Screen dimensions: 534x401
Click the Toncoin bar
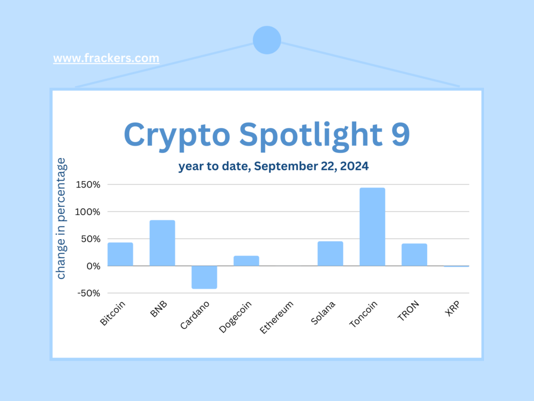(x=372, y=227)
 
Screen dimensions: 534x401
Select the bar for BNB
(x=162, y=243)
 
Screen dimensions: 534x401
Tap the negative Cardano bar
(x=204, y=277)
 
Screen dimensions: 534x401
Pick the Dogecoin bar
(x=246, y=261)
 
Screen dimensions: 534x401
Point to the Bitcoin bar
(x=120, y=254)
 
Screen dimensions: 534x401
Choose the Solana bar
(x=330, y=254)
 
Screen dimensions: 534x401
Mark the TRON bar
(x=414, y=255)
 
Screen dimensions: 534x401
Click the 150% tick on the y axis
(x=88, y=185)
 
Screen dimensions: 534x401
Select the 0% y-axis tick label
(x=93, y=266)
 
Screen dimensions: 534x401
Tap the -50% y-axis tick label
(x=89, y=293)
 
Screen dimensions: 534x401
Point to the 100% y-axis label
(x=88, y=212)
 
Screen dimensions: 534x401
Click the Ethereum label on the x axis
(x=276, y=317)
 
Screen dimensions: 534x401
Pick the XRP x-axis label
(x=453, y=309)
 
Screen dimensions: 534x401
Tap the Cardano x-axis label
(x=195, y=315)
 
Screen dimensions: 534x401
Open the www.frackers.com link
(x=106, y=58)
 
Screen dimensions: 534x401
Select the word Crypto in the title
(x=177, y=136)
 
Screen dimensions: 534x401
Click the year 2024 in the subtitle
(x=354, y=166)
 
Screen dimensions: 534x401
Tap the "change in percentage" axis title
(x=60, y=218)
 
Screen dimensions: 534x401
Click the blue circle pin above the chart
(x=267, y=40)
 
